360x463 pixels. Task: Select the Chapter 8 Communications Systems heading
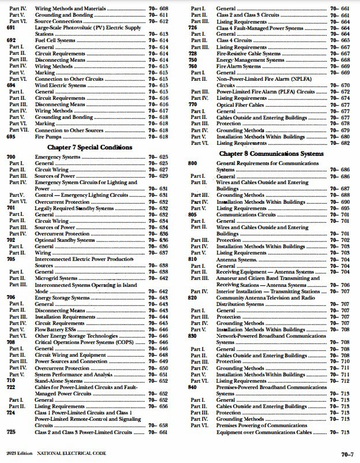tap(271, 154)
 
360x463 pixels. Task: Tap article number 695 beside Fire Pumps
tap(11, 136)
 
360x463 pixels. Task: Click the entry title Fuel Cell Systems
tap(54, 40)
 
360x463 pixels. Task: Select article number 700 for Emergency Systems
tap(11, 157)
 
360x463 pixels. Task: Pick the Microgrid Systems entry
tap(57, 278)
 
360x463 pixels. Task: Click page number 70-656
tap(157, 406)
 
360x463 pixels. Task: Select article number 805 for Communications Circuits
tap(193, 214)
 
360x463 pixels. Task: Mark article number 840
tap(193, 387)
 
